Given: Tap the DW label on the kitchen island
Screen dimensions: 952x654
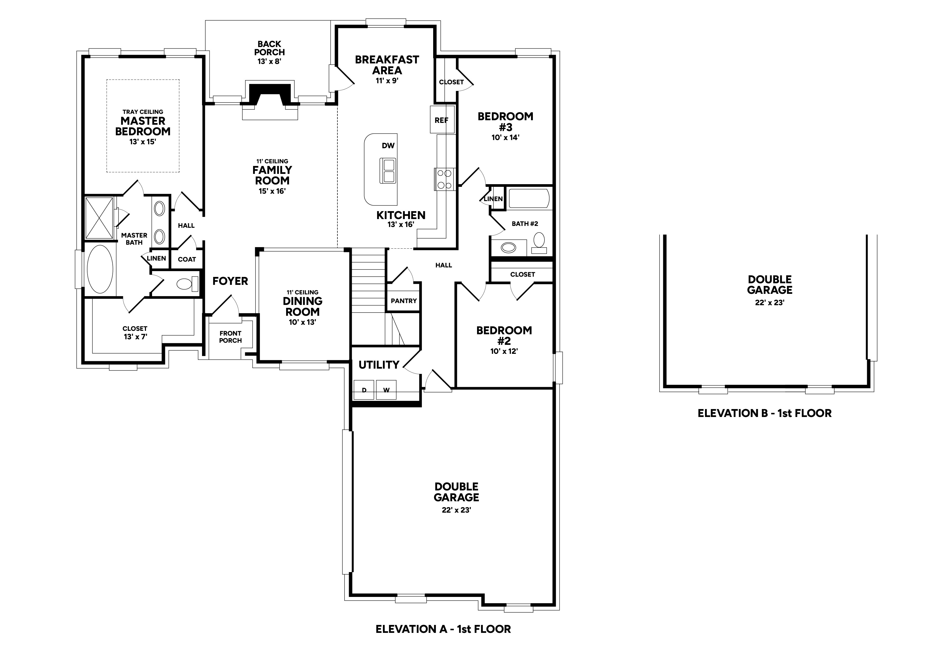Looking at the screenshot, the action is point(388,146).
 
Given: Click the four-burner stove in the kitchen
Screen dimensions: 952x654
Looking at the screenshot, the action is point(445,179).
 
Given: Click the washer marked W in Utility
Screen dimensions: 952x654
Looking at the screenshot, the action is point(386,390).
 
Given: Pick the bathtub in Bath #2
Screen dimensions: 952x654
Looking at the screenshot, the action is point(528,199).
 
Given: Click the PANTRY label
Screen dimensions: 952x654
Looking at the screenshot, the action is point(404,301).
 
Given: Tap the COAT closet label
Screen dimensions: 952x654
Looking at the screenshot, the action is point(187,259).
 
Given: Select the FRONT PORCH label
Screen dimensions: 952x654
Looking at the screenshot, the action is point(230,337).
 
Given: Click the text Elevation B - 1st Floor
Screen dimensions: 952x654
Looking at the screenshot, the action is point(765,413).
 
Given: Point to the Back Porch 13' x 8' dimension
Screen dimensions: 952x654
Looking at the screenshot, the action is point(269,62).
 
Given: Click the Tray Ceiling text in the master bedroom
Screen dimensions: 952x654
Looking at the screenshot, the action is point(143,112).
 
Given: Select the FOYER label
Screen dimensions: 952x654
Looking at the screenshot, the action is point(230,281).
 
